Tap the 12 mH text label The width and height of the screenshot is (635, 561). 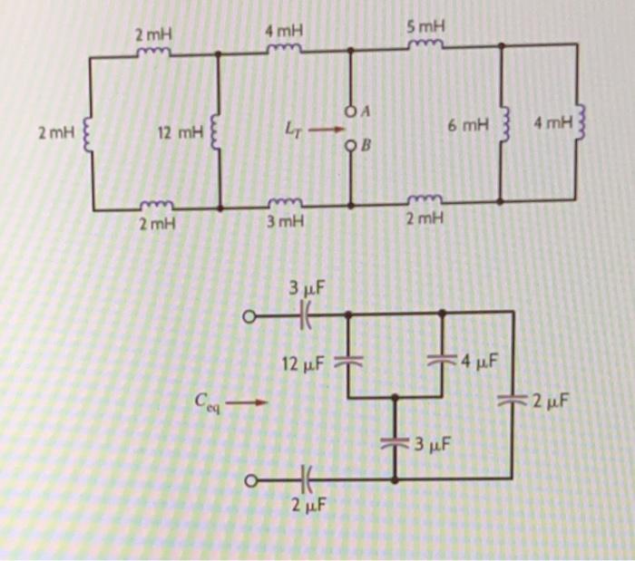point(177,134)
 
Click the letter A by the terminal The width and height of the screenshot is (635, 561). point(366,111)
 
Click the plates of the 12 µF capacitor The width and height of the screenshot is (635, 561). point(348,361)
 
